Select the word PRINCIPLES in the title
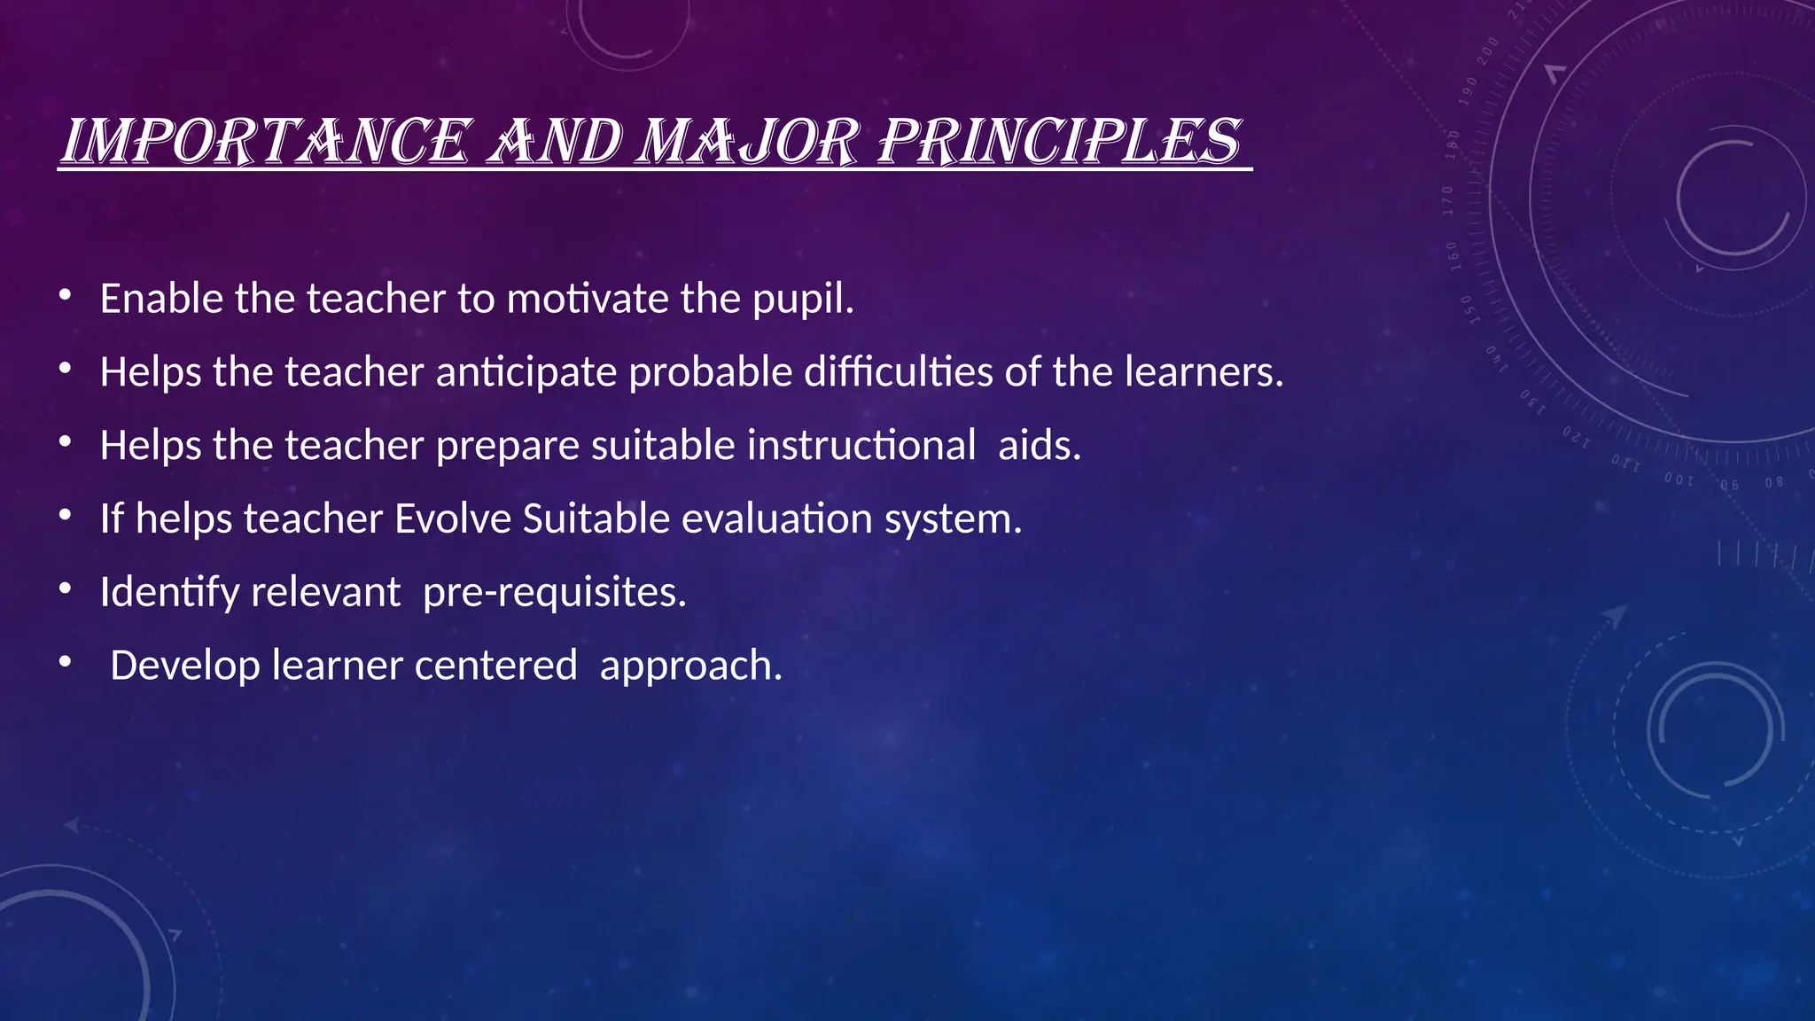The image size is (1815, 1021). click(x=1059, y=142)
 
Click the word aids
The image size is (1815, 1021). click(x=1039, y=445)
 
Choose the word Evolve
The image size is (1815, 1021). click(x=452, y=518)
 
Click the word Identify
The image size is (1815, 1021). click(x=169, y=593)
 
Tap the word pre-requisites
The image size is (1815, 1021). click(x=554, y=593)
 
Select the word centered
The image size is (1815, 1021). click(x=495, y=666)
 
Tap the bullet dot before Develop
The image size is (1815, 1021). click(x=65, y=662)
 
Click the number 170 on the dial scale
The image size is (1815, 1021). click(x=1448, y=201)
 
